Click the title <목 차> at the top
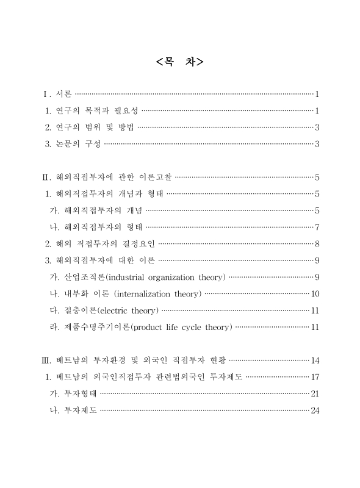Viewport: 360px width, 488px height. [179, 62]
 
